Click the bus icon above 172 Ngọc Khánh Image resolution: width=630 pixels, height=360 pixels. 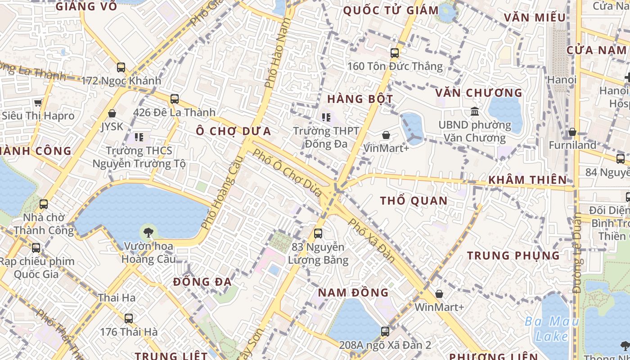[121, 67]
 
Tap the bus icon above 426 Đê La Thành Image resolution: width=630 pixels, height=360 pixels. [175, 99]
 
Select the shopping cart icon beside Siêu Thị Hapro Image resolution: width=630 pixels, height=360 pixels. [38, 103]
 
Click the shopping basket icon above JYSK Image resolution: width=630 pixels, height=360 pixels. [112, 113]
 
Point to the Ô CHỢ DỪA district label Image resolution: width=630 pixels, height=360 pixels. [234, 131]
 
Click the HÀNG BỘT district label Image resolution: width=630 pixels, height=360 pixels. [360, 99]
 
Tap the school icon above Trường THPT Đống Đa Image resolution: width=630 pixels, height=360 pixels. [326, 118]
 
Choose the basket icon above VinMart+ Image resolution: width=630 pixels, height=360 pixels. [386, 135]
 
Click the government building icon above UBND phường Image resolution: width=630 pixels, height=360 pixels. [475, 111]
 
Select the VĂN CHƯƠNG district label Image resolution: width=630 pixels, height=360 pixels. [478, 93]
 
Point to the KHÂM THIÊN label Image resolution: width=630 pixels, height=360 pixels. [527, 180]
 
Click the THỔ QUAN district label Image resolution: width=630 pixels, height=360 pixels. [414, 201]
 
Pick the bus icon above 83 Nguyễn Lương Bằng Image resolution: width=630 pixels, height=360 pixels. [318, 234]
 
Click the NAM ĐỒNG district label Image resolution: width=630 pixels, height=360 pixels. [353, 292]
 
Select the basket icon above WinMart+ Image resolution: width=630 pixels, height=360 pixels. [439, 294]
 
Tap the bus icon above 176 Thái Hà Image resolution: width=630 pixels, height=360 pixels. [129, 319]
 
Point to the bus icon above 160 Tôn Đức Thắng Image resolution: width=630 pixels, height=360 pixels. [395, 53]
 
